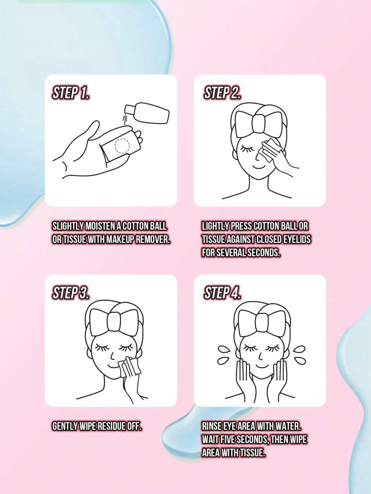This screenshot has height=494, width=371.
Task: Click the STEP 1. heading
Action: [70, 93]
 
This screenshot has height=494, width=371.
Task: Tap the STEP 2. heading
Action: [222, 93]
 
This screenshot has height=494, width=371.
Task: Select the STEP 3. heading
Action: [71, 293]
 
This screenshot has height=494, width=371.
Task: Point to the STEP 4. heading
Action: [222, 293]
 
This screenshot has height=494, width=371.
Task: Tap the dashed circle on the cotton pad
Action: [123, 146]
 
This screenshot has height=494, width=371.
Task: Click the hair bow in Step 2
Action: [259, 122]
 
